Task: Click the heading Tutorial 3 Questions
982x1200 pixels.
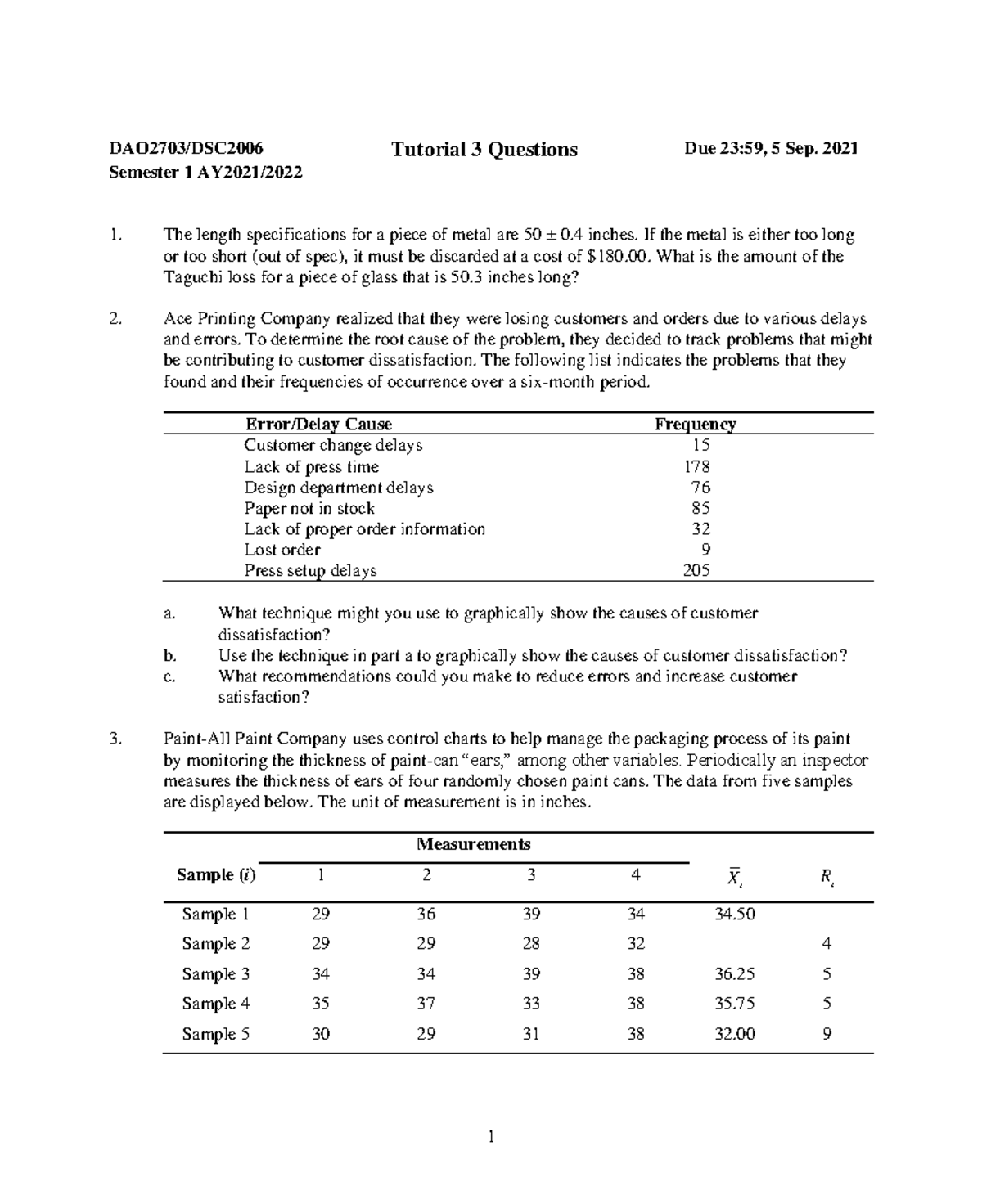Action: tap(484, 150)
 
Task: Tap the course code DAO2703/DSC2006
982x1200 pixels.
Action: tap(187, 148)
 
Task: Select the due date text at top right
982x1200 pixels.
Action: tap(771, 148)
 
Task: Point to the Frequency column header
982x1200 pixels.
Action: tap(695, 424)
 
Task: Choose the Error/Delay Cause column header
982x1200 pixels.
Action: tap(318, 424)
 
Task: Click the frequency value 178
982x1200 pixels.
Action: tap(696, 466)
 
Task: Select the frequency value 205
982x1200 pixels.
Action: tap(696, 570)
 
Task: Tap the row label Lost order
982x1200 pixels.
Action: tap(282, 550)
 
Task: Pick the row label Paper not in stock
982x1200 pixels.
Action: tap(309, 508)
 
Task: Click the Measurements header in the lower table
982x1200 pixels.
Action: tap(473, 844)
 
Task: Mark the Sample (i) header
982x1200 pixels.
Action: tap(216, 875)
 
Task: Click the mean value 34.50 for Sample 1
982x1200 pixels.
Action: tap(734, 914)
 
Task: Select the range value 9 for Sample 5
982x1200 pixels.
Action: tap(827, 1034)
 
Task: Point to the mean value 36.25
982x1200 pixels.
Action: tap(734, 974)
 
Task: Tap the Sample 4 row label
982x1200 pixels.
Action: tap(215, 1004)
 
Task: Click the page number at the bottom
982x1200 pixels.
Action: tap(491, 1136)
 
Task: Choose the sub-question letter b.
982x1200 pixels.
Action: tap(169, 655)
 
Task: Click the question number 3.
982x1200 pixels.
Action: tap(115, 739)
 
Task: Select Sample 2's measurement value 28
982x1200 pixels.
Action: tap(531, 944)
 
